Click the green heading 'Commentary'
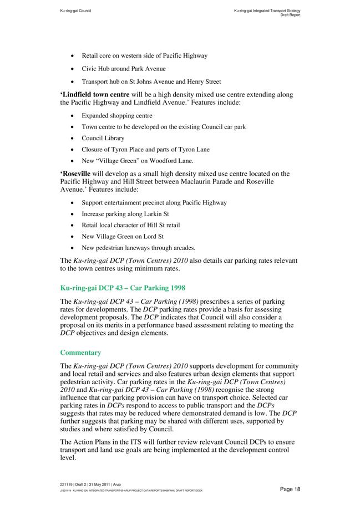[80, 353]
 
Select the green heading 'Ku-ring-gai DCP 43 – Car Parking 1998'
[122, 288]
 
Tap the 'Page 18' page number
[290, 489]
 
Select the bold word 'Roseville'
[76, 174]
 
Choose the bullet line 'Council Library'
[103, 138]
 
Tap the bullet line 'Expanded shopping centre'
[116, 116]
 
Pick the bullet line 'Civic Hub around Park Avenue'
[123, 69]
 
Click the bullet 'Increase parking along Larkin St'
[125, 213]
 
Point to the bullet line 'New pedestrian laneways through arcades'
[138, 248]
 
